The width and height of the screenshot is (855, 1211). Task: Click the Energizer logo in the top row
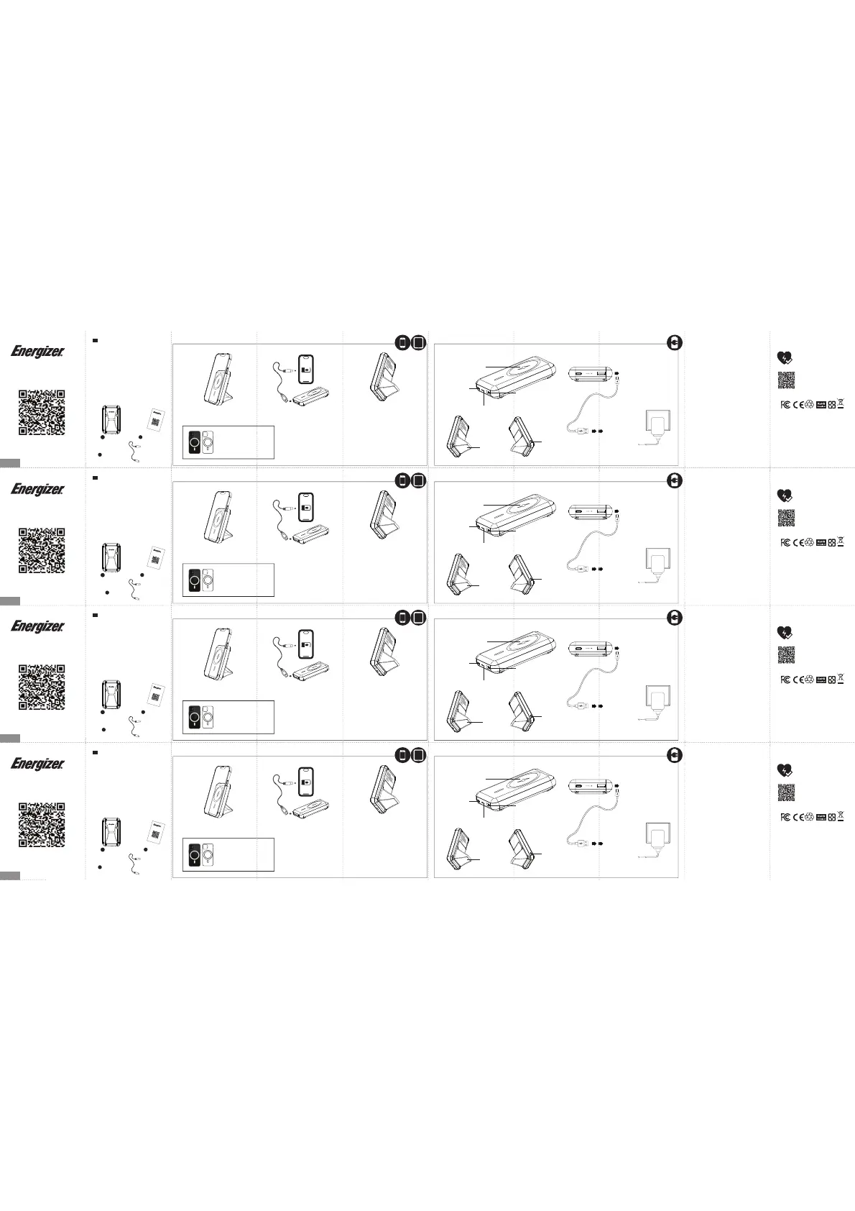click(37, 352)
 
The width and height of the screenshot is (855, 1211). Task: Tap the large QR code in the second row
click(41, 550)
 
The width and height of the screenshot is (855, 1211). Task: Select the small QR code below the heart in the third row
click(786, 654)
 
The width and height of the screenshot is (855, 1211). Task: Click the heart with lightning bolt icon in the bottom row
click(785, 770)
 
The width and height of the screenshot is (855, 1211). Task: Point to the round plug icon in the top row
click(674, 343)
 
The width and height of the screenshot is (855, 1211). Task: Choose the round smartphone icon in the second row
click(404, 480)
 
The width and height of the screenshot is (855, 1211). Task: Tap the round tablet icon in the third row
click(419, 617)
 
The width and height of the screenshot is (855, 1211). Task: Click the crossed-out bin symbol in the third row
click(841, 678)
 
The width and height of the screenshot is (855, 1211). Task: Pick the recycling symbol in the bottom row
click(809, 816)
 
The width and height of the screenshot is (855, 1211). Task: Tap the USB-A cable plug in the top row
click(582, 431)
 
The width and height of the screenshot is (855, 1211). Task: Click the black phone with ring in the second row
click(193, 580)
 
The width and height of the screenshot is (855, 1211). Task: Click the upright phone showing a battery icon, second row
click(306, 508)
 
